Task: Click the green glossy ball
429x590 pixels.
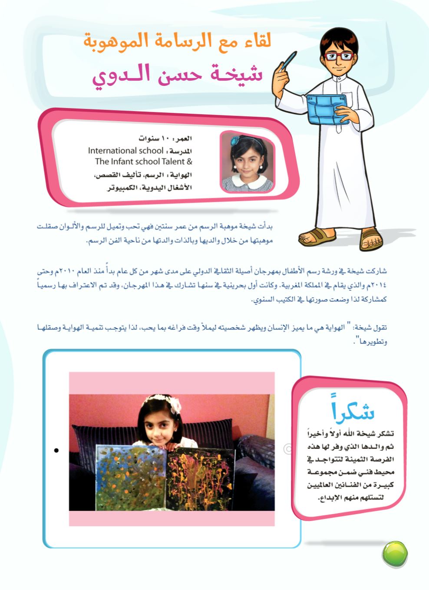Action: click(x=395, y=554)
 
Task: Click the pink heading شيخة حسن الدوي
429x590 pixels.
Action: click(x=178, y=75)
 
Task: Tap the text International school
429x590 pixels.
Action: click(x=119, y=151)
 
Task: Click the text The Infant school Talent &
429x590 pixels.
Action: click(x=143, y=162)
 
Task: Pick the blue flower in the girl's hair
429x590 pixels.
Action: click(x=235, y=140)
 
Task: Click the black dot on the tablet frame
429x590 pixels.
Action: click(x=56, y=450)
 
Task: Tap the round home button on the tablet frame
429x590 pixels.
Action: click(x=287, y=449)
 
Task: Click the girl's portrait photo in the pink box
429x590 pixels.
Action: click(x=247, y=162)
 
